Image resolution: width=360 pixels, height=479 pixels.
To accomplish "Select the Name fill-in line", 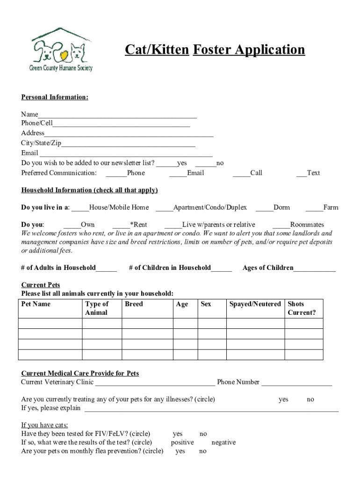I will pos(117,115).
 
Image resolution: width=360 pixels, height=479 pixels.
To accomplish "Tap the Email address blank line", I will pos(125,153).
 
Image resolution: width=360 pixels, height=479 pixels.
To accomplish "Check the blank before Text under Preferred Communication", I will pos(302,174).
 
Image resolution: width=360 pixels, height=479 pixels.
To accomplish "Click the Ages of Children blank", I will pos(314,269).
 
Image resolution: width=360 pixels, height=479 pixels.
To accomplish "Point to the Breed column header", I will pos(134,304).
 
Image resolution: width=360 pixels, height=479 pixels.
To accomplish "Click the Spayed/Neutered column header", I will pos(255,304).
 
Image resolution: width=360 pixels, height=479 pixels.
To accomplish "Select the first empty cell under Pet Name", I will pos(50,324).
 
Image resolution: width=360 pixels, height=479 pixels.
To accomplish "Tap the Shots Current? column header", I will pos(302,308).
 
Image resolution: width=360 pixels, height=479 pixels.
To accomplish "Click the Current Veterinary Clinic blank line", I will pos(155,383).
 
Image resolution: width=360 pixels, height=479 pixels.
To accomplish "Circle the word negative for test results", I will pos(223,443).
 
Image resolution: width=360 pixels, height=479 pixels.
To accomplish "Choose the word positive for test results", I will pos(182,443).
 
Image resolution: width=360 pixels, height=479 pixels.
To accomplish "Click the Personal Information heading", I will pos(55,97).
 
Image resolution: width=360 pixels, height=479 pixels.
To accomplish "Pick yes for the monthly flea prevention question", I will pos(180,451).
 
